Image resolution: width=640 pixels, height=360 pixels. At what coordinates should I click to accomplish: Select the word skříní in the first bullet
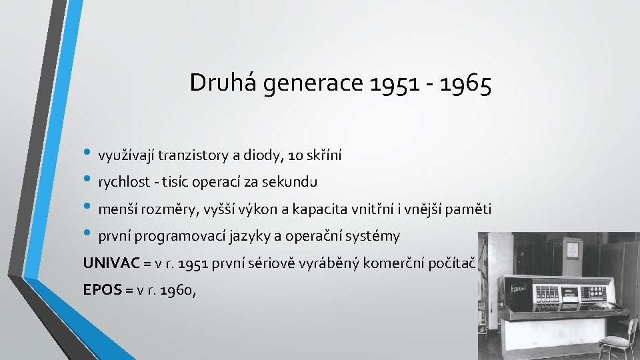click(x=323, y=156)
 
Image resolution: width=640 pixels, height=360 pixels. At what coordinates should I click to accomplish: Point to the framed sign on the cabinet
click(x=572, y=249)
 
